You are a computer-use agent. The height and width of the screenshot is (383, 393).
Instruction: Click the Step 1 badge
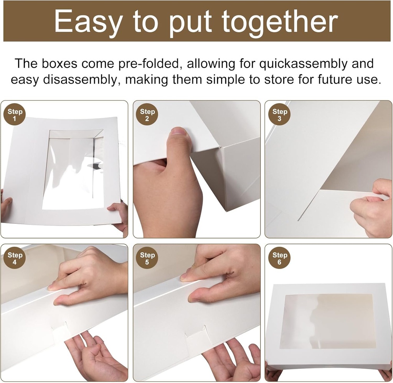coord(15,114)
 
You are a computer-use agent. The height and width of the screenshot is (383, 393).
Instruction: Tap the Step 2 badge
coord(147,114)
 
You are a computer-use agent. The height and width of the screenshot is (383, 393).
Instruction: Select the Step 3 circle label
coord(279,114)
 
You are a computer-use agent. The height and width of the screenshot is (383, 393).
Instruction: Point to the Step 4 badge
coord(15,258)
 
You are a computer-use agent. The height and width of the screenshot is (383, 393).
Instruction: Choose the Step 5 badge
coord(147,258)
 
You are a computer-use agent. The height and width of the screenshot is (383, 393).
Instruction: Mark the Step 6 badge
coord(279,258)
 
